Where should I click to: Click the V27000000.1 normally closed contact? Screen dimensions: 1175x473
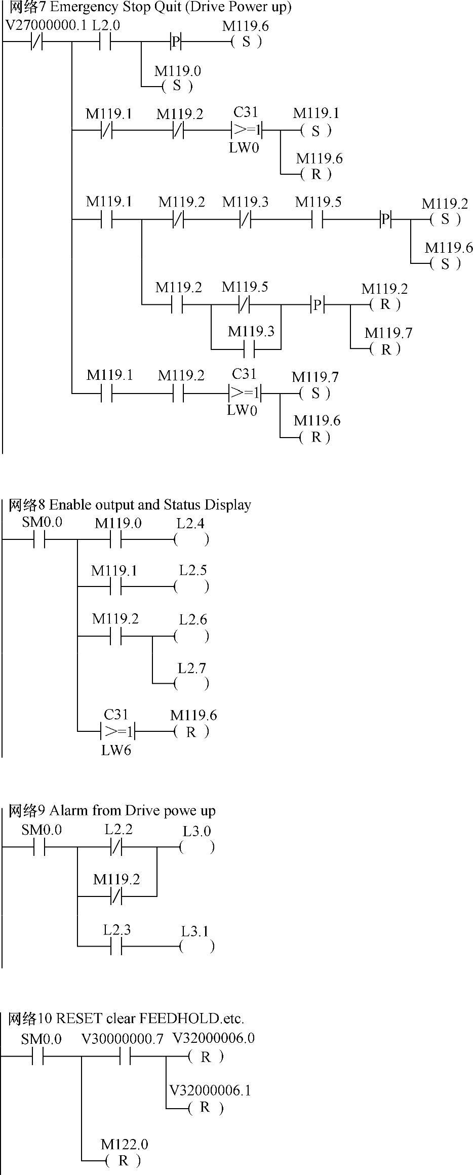(36, 42)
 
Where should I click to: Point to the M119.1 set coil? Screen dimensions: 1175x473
(316, 131)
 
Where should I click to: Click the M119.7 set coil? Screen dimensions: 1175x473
(314, 393)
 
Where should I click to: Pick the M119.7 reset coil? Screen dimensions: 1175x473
(385, 349)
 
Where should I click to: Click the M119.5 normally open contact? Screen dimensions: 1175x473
(317, 220)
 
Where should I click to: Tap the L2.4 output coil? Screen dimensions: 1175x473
(191, 539)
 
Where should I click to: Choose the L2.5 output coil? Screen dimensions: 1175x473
(191, 587)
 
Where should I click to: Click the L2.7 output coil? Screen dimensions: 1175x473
(191, 684)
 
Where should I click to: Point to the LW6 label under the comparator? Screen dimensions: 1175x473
(116, 751)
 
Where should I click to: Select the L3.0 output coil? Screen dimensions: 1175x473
(197, 847)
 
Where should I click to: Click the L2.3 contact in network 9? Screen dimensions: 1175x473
(116, 946)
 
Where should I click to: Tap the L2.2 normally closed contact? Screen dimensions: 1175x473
(116, 847)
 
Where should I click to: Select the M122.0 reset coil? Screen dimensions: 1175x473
(123, 1161)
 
